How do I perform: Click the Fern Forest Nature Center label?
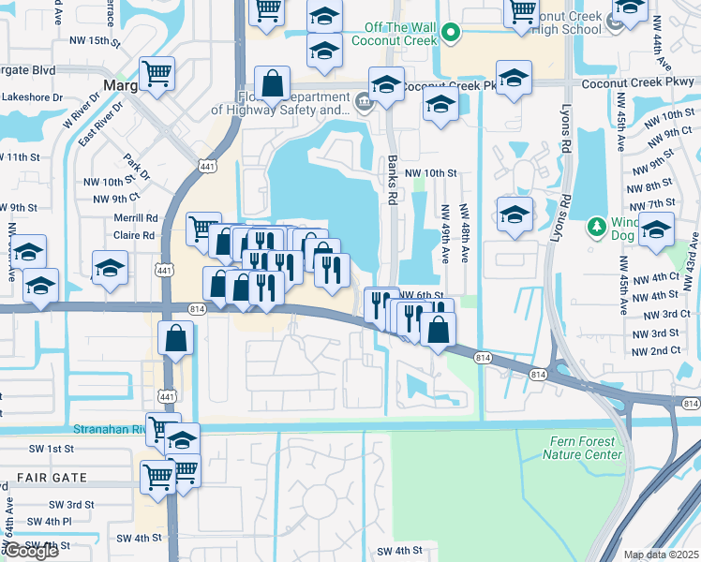point(582,448)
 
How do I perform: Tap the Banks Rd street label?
point(393,180)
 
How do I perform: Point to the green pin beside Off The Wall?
point(451,35)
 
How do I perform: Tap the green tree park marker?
point(596,227)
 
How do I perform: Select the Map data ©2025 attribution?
point(662,555)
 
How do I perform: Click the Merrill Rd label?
point(137,218)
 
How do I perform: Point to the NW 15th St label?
point(95,42)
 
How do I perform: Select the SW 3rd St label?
point(73,504)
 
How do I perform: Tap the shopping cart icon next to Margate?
point(157,73)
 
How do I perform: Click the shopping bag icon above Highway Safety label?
point(272,82)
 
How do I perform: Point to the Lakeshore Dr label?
point(32,96)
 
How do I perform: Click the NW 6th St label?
point(420,294)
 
